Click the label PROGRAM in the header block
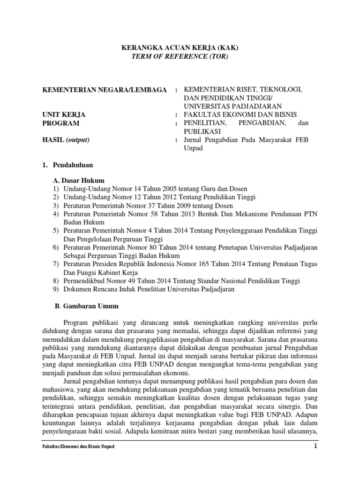click(61, 123)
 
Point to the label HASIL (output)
click(66, 140)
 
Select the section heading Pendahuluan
click(73, 165)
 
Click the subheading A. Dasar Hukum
click(78, 180)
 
